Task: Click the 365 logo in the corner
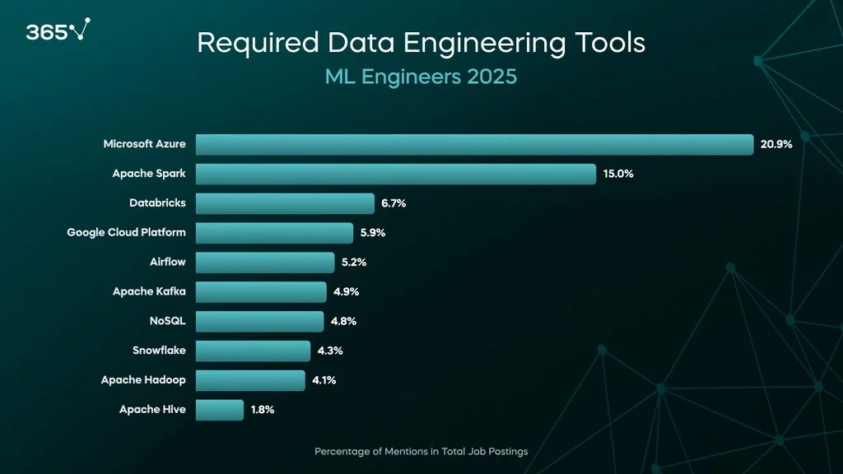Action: click(55, 31)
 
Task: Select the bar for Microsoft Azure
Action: click(474, 144)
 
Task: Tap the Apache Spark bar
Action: click(395, 174)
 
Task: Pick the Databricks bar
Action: click(285, 203)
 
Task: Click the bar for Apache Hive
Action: click(220, 410)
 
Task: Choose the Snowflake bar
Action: click(253, 351)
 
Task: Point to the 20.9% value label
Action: click(776, 144)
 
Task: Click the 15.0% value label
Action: click(618, 174)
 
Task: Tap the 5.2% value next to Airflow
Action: click(355, 263)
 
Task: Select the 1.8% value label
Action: click(263, 410)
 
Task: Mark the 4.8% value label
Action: click(343, 321)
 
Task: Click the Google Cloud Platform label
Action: click(127, 233)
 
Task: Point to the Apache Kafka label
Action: click(149, 291)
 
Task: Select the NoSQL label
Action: click(167, 321)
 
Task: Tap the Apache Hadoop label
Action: click(143, 380)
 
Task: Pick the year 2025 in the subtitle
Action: click(491, 77)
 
